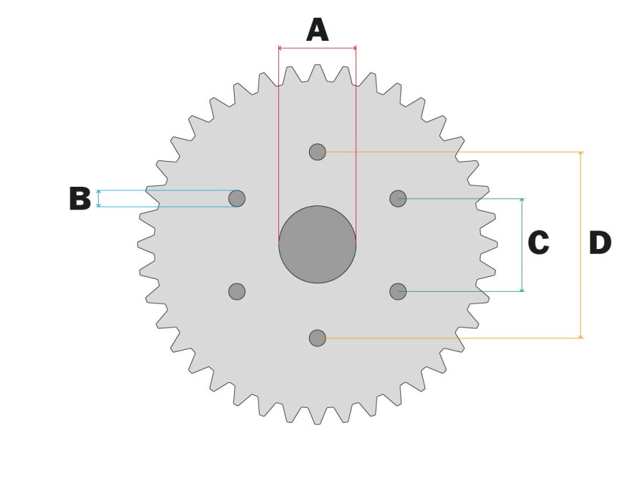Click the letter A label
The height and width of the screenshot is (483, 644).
pos(317,30)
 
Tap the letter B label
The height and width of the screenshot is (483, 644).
pos(80,199)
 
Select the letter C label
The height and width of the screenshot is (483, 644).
pos(538,243)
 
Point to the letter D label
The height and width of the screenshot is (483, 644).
pos(600,243)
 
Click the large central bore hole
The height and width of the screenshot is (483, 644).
pos(317,244)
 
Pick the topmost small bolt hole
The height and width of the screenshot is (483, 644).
pos(317,152)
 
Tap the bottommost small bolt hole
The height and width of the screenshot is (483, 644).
pos(317,337)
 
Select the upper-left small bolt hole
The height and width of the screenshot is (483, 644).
pos(237,198)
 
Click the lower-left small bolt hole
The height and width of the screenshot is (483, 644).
pos(237,291)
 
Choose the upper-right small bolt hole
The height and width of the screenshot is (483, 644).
pos(398,198)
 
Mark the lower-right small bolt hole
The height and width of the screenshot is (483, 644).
pos(398,291)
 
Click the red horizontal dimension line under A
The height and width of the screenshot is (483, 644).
pos(317,48)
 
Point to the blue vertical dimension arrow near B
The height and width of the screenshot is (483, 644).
pos(99,199)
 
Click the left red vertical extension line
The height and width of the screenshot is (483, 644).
pos(278,143)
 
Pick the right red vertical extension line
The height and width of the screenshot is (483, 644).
pos(356,143)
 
